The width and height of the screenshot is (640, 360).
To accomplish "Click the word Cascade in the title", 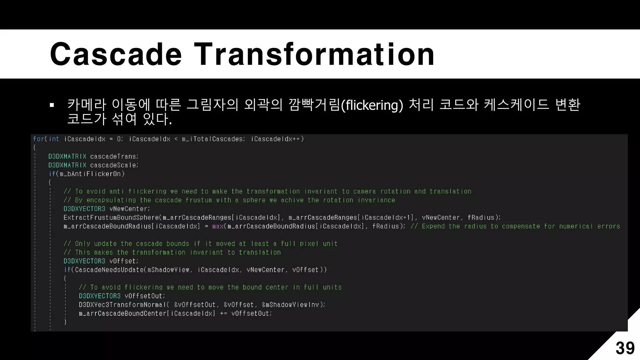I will pos(116,54).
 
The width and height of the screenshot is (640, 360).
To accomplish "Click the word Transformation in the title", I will pos(314,54).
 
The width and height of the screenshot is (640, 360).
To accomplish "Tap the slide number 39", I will pos(625,348).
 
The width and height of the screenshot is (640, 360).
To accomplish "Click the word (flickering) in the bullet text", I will pos(372,105).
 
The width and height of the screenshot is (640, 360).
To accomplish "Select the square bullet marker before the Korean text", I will pos(52,105).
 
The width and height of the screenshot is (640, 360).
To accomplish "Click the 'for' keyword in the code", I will pos(38,139).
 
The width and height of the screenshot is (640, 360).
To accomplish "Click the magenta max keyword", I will pos(218,226).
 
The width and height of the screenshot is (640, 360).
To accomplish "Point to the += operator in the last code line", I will pos(223,313).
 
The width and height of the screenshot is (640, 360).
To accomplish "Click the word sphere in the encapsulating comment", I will pos(254,200).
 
